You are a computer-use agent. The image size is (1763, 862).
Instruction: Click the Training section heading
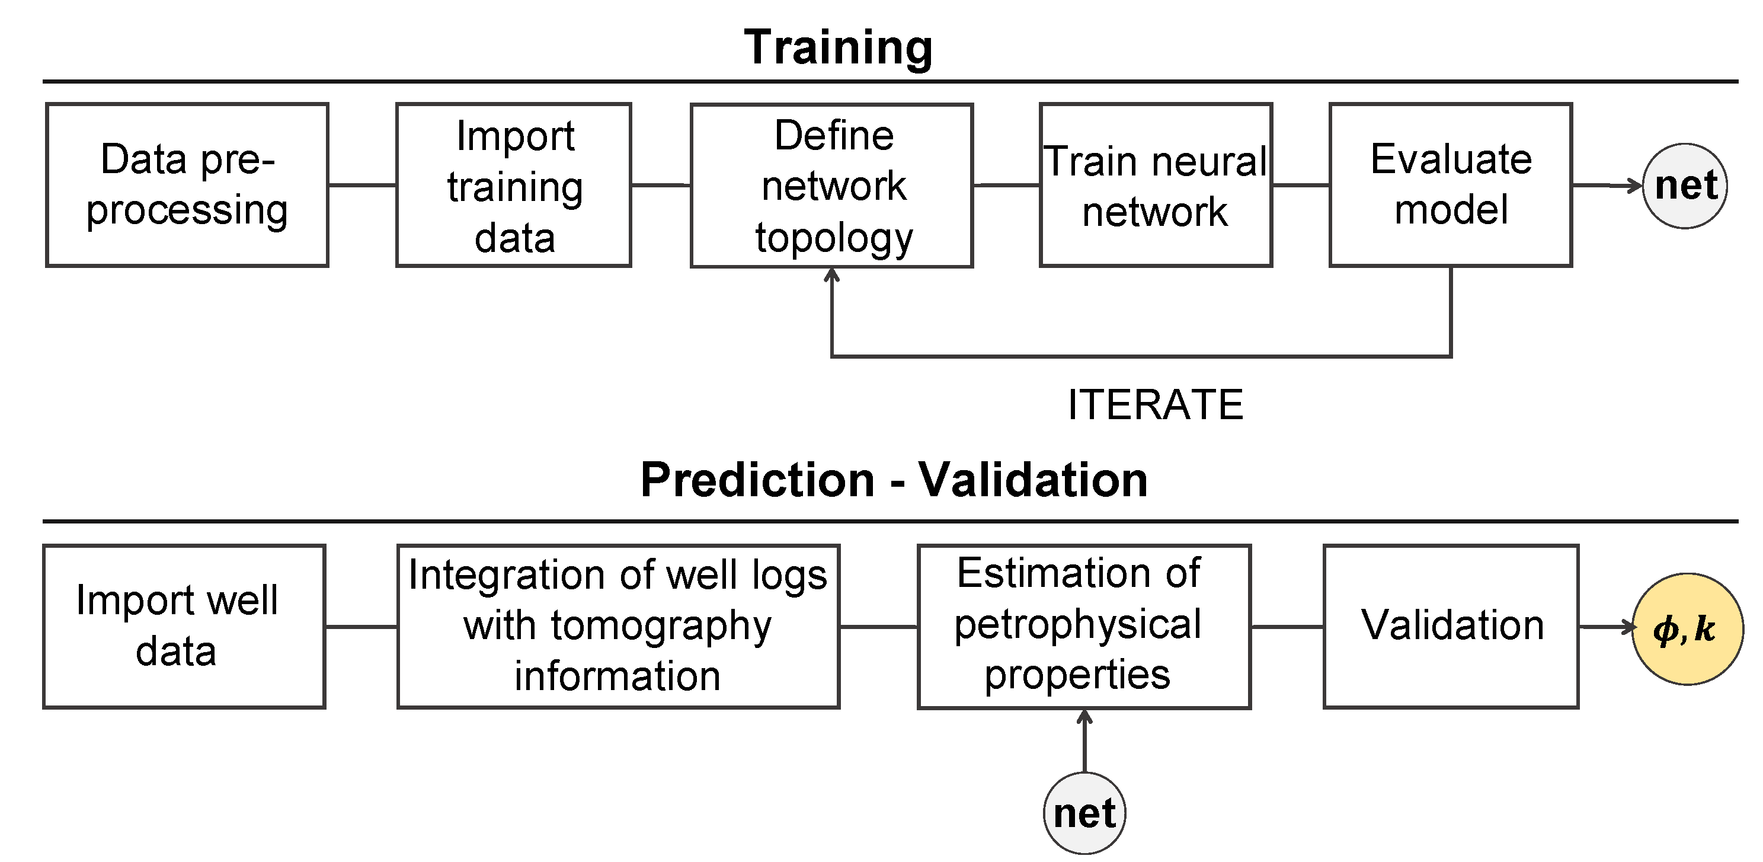click(838, 48)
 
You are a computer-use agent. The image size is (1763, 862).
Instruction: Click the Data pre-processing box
click(187, 185)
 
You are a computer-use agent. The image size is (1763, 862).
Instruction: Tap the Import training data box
click(513, 185)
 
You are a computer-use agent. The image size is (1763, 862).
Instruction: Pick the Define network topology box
click(831, 186)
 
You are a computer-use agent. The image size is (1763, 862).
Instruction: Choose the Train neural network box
click(1155, 185)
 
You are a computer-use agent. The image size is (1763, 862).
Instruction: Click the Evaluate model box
click(1450, 185)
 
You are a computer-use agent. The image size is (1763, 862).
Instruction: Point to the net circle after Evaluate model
click(1684, 186)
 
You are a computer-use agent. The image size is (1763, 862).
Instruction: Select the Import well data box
click(184, 627)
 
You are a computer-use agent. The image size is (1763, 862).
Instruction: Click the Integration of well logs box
click(618, 627)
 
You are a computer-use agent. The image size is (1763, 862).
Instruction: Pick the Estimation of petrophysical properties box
click(1084, 627)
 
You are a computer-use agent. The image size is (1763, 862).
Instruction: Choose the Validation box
click(1451, 627)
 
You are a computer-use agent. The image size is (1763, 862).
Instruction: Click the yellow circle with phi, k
click(1687, 628)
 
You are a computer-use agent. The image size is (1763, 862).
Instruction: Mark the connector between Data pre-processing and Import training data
click(362, 185)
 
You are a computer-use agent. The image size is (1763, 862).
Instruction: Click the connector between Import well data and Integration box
click(361, 627)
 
